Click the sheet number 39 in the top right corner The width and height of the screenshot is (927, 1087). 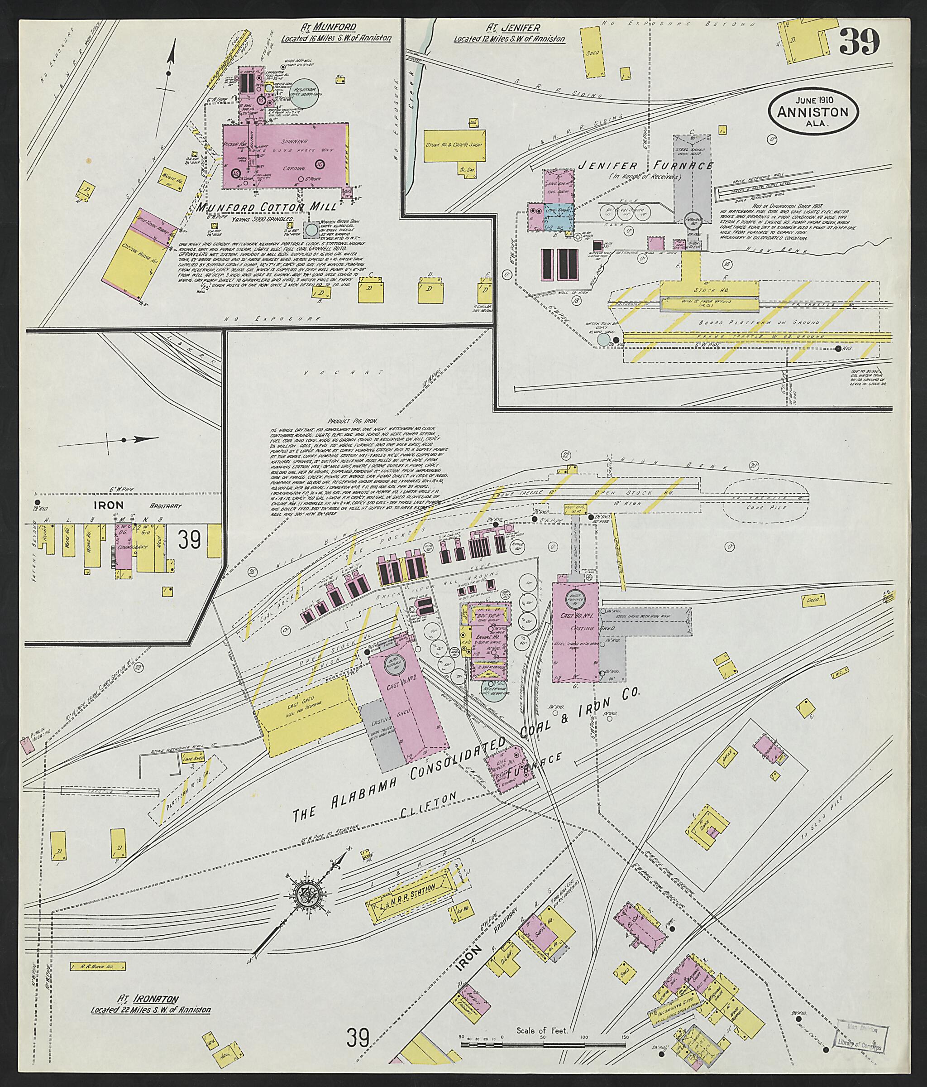[859, 43]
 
